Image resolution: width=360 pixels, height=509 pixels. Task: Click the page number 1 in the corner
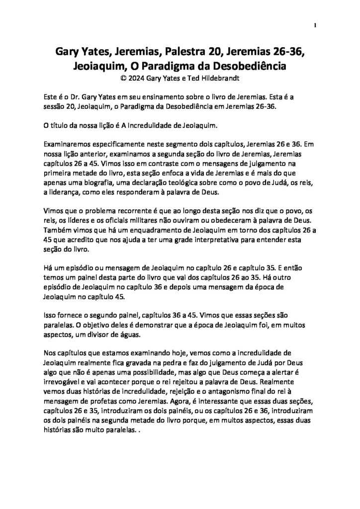(315, 25)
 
